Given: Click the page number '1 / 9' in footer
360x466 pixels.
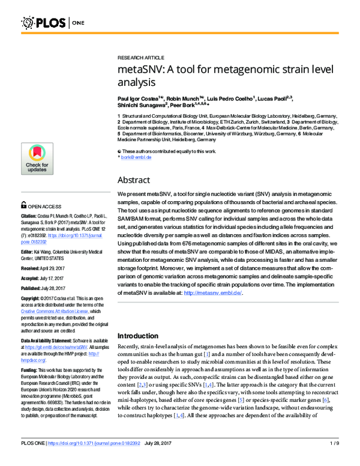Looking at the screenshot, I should tap(335, 459).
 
